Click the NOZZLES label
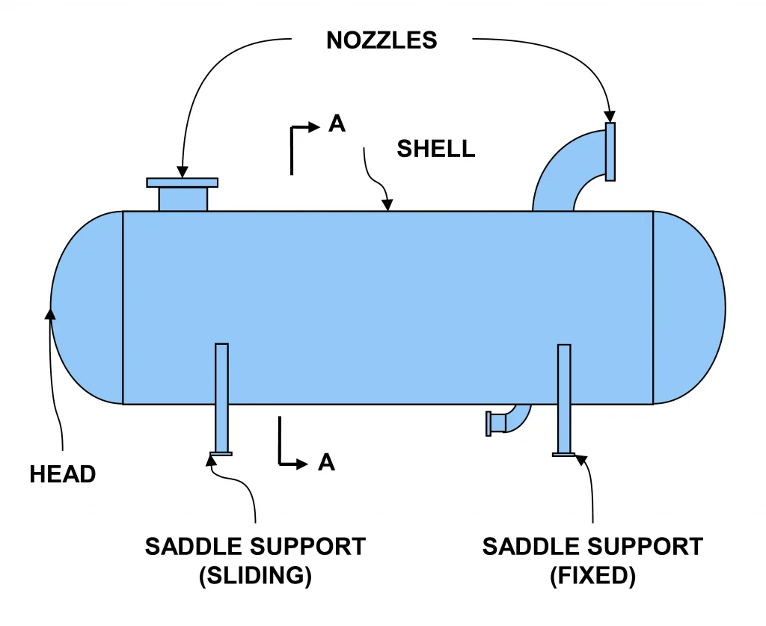382,40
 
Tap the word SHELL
435,149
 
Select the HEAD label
63,474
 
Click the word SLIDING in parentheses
255,576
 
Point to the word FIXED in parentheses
592,576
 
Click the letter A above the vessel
337,124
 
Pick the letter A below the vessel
326,463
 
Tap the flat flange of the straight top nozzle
182,182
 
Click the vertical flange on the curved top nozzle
610,152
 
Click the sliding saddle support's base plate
221,453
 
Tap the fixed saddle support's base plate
564,454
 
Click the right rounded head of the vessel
688,307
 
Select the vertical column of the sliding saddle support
221,396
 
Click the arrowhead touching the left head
51,313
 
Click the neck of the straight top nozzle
183,199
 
